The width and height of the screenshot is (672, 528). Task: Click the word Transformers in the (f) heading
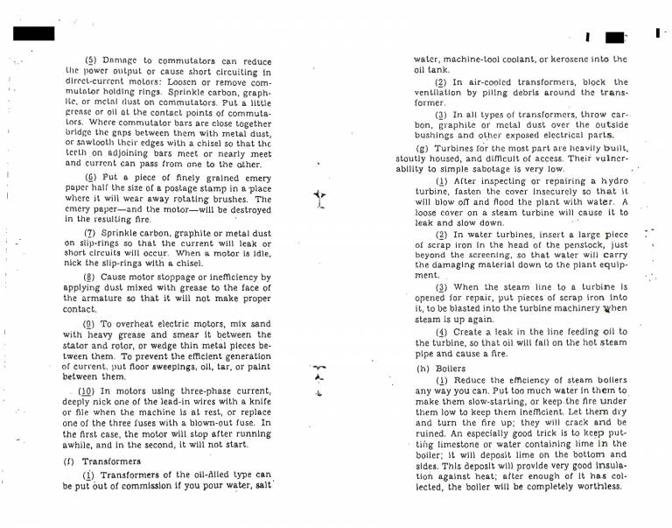tap(110, 461)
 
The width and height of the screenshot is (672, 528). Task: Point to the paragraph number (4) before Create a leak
tap(441, 332)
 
